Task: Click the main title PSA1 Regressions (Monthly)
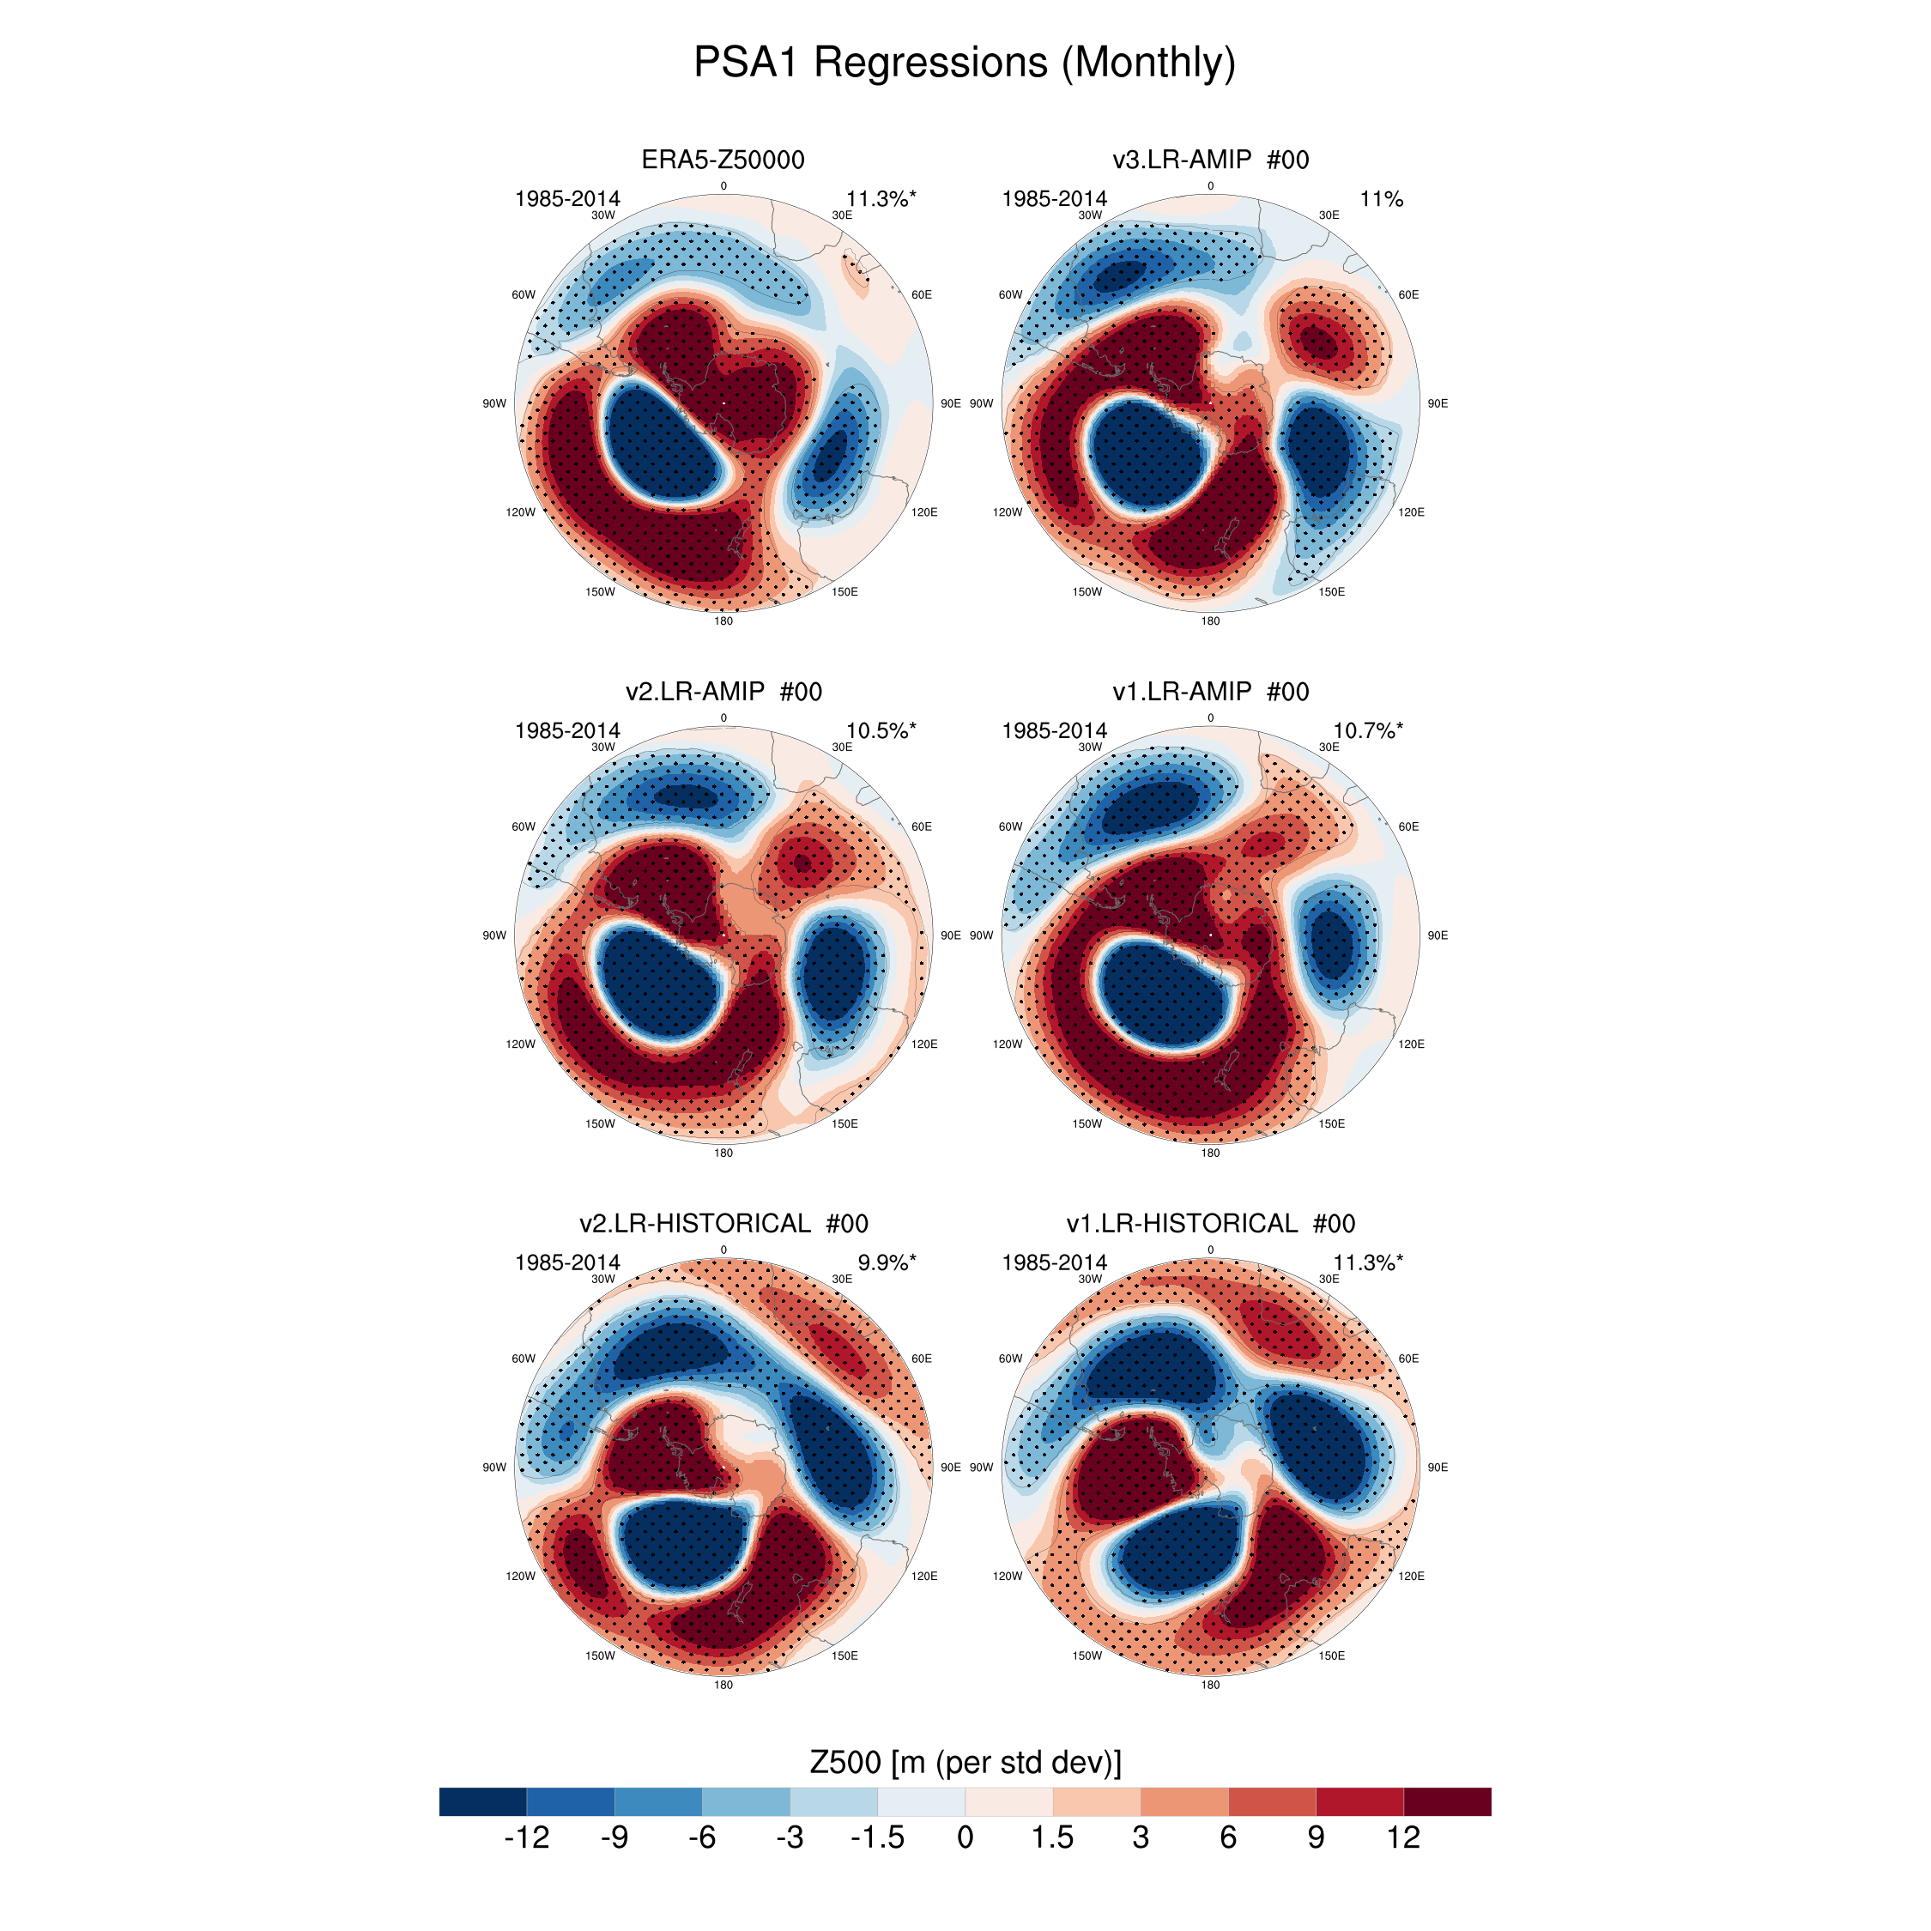pos(965,62)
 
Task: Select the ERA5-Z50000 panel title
pos(723,160)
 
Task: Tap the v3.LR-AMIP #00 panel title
pos(1209,160)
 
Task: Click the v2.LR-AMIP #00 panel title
pos(723,692)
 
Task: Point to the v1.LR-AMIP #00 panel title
pos(1209,692)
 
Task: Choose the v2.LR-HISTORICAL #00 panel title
pos(723,1223)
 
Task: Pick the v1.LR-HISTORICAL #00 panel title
pos(1209,1223)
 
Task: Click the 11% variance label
pos(1380,199)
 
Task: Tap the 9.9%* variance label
pos(886,1262)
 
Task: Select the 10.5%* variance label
pos(880,730)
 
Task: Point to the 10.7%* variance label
pos(1366,730)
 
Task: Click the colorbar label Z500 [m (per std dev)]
pos(965,1762)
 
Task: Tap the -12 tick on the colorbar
pos(527,1838)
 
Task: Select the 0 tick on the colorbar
pos(965,1838)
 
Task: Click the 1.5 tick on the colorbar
pos(1052,1838)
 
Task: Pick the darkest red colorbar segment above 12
pos(1446,1801)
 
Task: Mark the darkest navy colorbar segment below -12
pos(482,1801)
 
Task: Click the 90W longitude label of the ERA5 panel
pos(494,403)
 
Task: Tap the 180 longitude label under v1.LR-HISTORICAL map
pos(1209,1686)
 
